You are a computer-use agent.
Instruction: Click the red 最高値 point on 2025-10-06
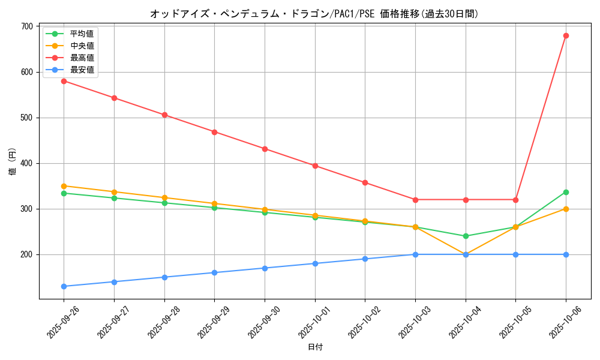566,35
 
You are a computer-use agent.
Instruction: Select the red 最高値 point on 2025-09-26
64,81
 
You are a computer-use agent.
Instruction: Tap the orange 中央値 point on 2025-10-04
466,254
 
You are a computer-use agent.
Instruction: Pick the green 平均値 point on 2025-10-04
466,236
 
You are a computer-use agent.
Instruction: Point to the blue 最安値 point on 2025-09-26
64,286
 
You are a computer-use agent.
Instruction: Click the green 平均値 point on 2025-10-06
566,192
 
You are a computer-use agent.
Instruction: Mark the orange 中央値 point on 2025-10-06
566,209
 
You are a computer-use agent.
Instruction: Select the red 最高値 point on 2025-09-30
265,149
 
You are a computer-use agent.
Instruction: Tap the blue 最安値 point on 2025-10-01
315,263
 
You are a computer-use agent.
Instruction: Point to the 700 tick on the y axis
26,26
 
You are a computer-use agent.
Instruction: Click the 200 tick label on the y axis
26,254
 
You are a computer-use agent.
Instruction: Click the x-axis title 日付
315,347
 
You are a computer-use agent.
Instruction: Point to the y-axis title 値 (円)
12,163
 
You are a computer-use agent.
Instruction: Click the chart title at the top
315,14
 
